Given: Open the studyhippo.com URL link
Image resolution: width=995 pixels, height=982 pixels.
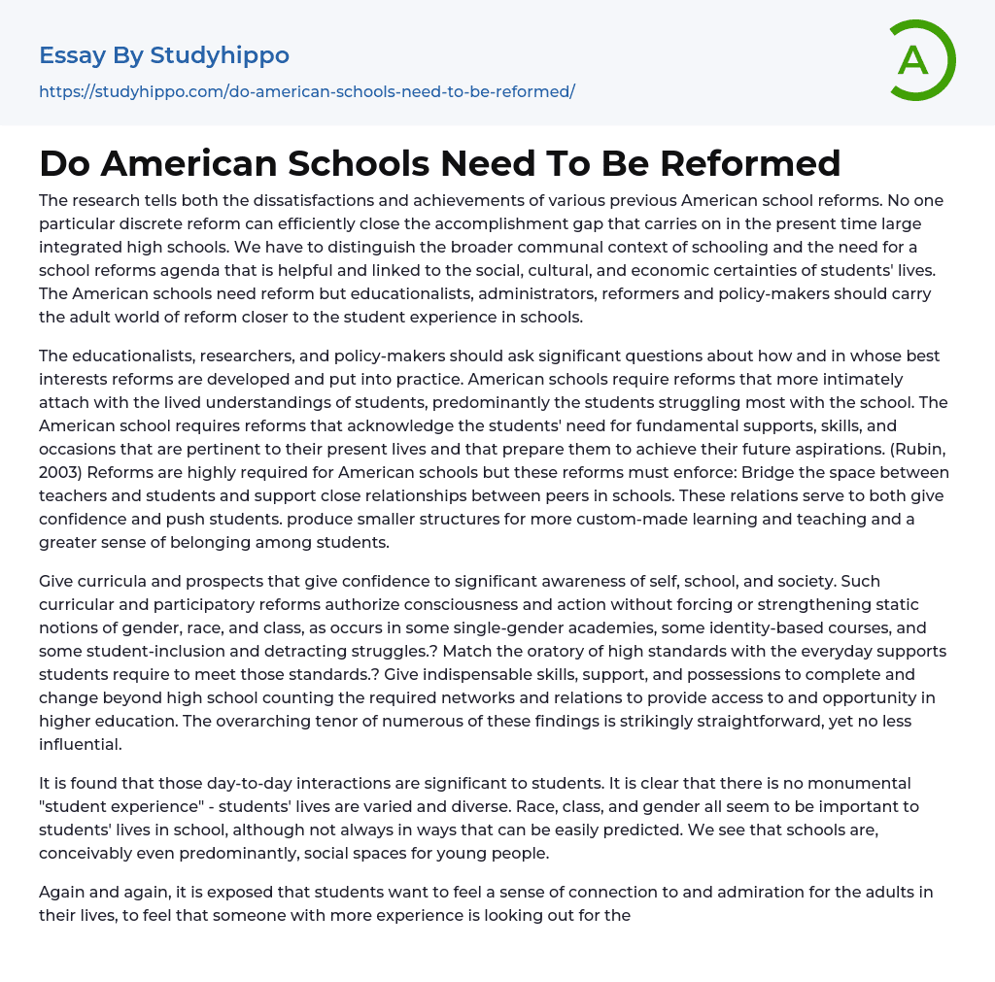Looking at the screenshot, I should (307, 91).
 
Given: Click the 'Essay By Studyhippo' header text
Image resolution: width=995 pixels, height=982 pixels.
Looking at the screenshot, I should (164, 55).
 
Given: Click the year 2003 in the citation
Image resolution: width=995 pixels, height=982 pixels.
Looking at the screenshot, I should (58, 472).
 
